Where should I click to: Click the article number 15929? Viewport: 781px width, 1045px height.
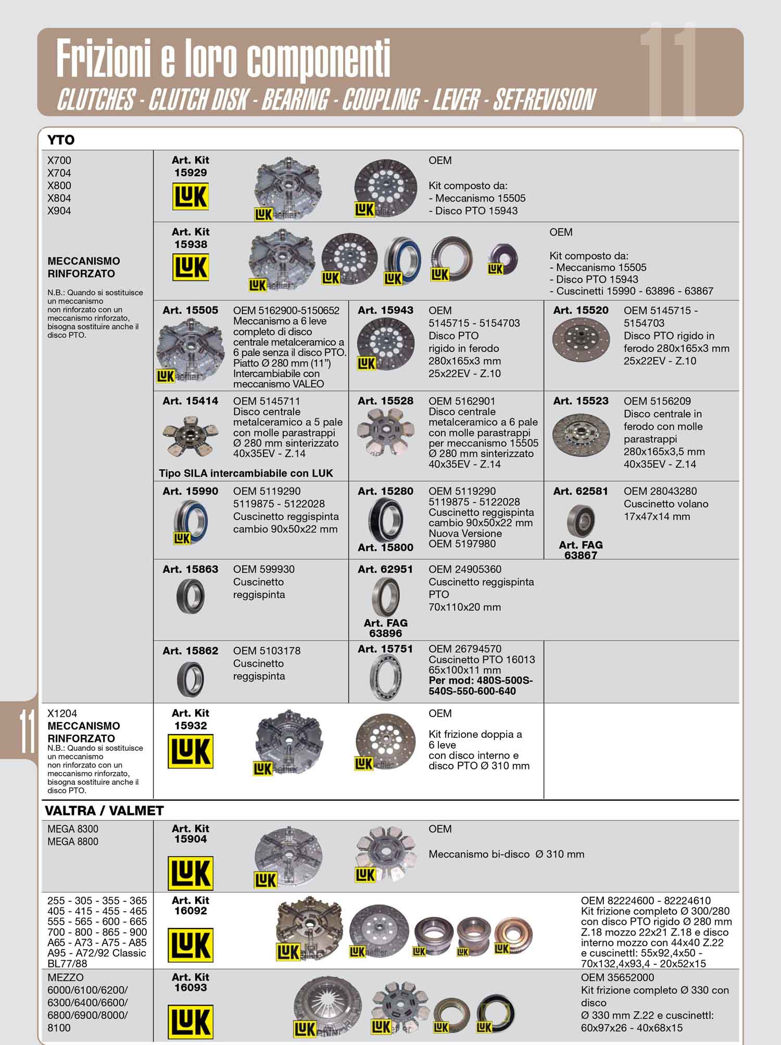[191, 172]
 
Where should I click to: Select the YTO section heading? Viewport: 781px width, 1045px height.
[61, 140]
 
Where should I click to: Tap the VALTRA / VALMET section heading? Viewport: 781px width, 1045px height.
[104, 811]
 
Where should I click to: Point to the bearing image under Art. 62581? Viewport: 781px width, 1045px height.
[581, 521]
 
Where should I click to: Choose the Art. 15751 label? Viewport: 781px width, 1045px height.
[385, 649]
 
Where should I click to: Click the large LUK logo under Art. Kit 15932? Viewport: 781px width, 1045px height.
[191, 752]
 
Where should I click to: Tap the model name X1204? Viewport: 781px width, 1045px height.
[62, 713]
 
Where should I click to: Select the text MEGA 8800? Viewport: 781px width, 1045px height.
[73, 841]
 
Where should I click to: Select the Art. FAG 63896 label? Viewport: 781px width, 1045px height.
[386, 628]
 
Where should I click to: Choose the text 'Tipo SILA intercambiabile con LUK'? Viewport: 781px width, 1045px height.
[246, 473]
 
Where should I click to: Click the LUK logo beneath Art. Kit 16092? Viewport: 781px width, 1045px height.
[191, 946]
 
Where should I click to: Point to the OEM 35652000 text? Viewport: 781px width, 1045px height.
[618, 977]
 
